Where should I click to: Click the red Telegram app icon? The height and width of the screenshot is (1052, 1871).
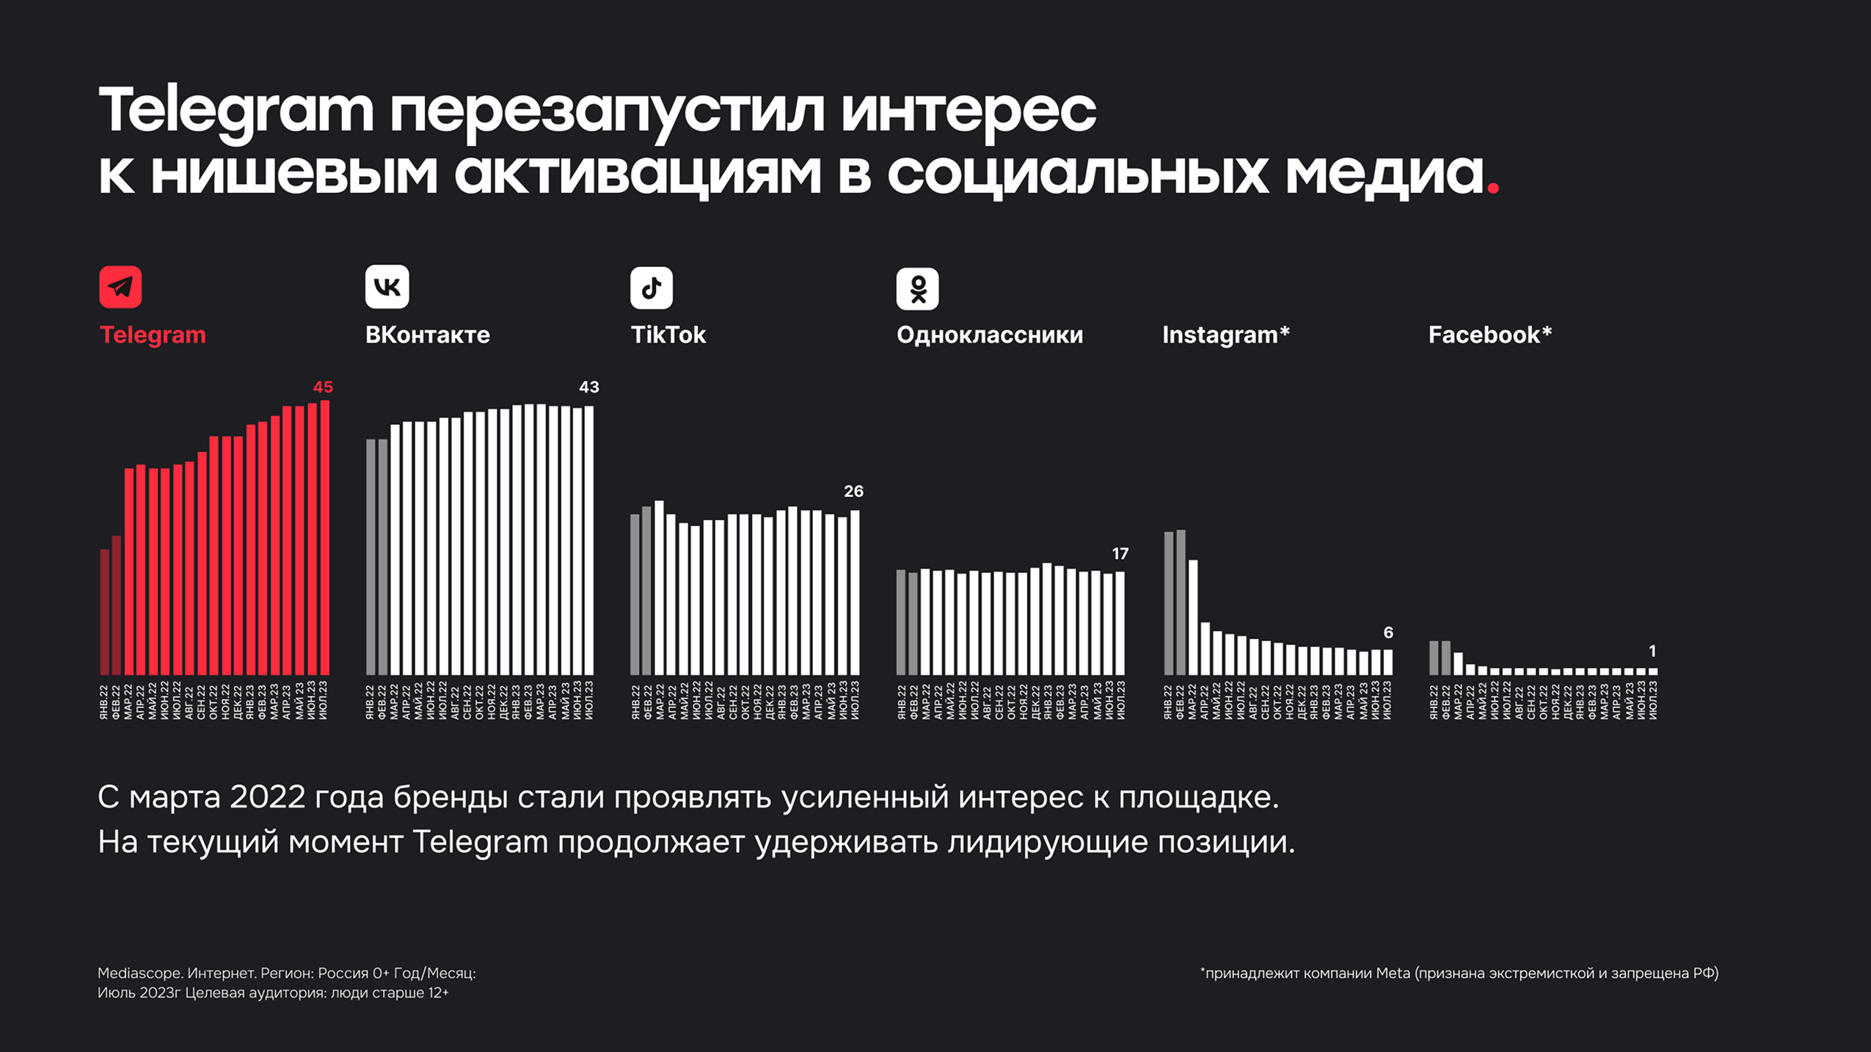tap(120, 287)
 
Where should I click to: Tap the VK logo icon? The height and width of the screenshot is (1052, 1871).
tap(387, 287)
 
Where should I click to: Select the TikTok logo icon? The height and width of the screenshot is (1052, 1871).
tap(651, 288)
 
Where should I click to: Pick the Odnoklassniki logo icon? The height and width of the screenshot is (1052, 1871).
tap(917, 288)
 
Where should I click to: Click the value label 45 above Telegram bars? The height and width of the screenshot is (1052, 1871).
tap(323, 387)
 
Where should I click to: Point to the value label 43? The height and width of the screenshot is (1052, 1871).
tap(588, 387)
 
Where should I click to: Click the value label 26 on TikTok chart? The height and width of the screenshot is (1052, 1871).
tap(853, 491)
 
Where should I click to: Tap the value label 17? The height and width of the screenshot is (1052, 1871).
tap(1120, 553)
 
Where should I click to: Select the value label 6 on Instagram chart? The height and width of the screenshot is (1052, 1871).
tap(1387, 632)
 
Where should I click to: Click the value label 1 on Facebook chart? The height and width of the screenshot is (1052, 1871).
tap(1652, 651)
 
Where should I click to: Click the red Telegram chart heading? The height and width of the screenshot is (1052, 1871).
tap(153, 335)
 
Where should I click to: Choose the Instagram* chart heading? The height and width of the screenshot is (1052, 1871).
tap(1225, 335)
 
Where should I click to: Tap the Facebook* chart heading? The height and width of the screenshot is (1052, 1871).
tap(1489, 335)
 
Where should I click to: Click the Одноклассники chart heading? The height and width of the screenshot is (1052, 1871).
tap(989, 335)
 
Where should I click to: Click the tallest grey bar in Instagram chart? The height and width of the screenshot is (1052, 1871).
tap(1181, 602)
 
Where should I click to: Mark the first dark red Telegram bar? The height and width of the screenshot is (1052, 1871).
tap(104, 612)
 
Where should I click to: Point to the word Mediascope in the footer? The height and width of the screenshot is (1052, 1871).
tap(139, 973)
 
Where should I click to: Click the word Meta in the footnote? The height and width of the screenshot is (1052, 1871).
tap(1393, 973)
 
